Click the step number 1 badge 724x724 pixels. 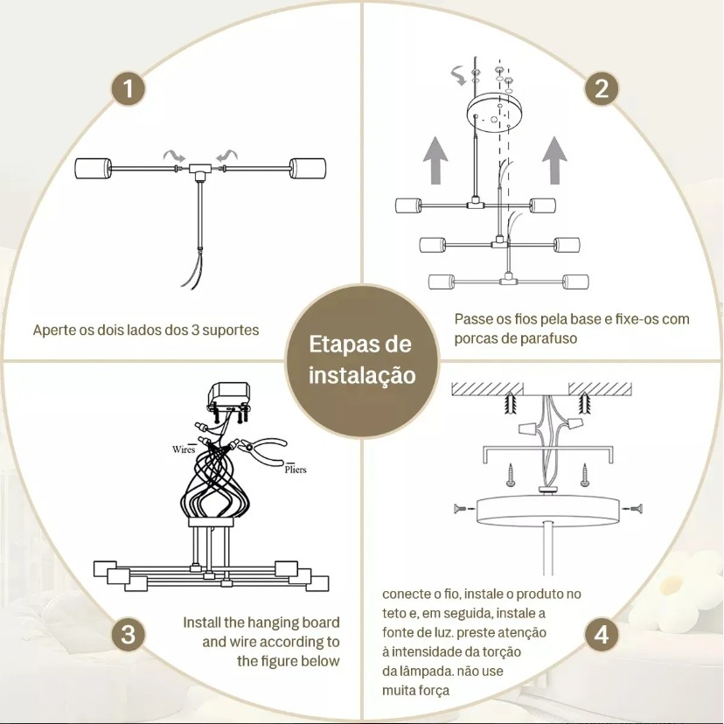[x=128, y=88]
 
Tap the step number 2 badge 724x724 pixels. [x=602, y=88]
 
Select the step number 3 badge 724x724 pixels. [x=128, y=635]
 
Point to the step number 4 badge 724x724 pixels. [x=602, y=635]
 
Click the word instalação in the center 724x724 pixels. [x=362, y=375]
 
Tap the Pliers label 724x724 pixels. [x=296, y=470]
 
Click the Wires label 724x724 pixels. [x=184, y=449]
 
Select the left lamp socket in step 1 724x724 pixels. [x=94, y=169]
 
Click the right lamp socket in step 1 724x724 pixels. [x=308, y=169]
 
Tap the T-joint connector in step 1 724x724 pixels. [x=200, y=171]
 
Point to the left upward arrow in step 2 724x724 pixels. [x=435, y=161]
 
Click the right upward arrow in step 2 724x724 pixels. [x=554, y=161]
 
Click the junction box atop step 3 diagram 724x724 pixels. [x=229, y=395]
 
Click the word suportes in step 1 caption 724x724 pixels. [x=231, y=331]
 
